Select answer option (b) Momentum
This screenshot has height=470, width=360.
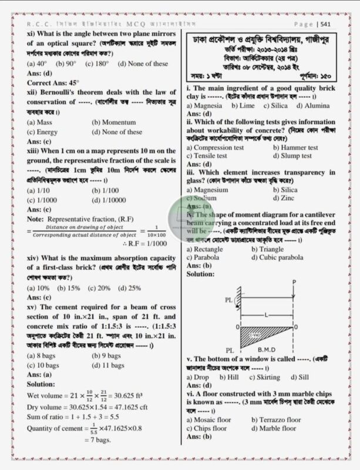113,123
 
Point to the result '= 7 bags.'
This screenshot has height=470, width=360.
91,439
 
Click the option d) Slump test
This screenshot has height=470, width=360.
292,156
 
